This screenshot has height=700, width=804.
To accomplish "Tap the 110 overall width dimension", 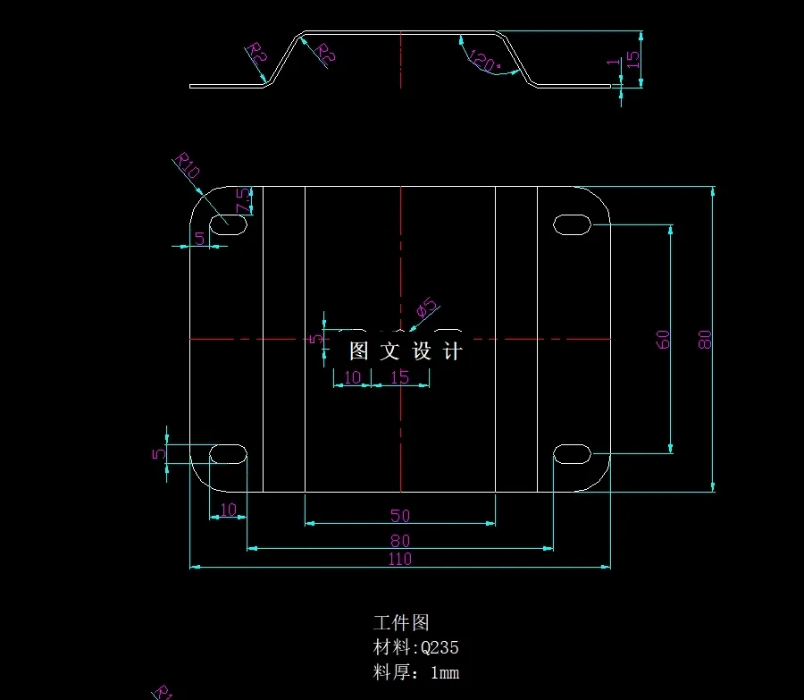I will (399, 559).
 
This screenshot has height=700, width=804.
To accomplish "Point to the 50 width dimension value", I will (400, 516).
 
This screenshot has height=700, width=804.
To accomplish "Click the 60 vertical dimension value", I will (663, 339).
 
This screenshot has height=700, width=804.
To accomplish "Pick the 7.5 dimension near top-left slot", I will (242, 201).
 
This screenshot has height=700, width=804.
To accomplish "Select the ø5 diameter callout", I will (428, 308).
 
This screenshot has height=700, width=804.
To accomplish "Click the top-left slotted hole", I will (229, 223).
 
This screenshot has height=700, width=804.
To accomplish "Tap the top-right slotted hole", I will (573, 223).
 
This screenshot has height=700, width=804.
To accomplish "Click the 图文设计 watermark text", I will (406, 351).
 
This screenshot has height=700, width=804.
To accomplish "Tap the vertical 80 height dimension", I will (705, 339).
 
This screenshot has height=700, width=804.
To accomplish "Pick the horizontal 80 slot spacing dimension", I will (400, 540).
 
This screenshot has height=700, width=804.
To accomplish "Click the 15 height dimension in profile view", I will (632, 59).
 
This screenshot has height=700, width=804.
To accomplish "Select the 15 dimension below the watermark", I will (400, 377).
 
